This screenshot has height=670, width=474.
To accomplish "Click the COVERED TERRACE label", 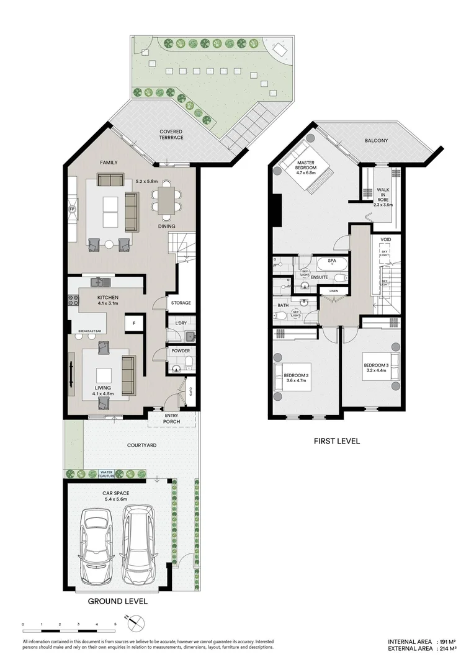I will pyautogui.click(x=171, y=134).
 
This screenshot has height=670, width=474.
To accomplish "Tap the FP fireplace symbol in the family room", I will pyautogui.click(x=71, y=209).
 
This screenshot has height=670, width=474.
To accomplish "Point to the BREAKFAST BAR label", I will pyautogui.click(x=90, y=332).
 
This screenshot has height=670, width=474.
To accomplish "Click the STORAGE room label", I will pyautogui.click(x=181, y=303).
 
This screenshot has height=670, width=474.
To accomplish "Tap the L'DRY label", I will pyautogui.click(x=181, y=324).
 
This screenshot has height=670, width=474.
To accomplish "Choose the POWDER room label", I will pyautogui.click(x=181, y=351).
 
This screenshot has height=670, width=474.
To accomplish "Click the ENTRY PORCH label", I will pyautogui.click(x=171, y=418).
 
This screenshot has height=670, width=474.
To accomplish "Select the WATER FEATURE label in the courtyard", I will pyautogui.click(x=109, y=474).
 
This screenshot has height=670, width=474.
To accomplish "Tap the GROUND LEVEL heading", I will pyautogui.click(x=117, y=601).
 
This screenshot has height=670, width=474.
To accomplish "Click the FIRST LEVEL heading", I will pyautogui.click(x=337, y=441).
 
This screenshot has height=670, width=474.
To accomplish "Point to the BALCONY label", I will pyautogui.click(x=376, y=141).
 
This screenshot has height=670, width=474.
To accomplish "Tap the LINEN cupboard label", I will pyautogui.click(x=334, y=290).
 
